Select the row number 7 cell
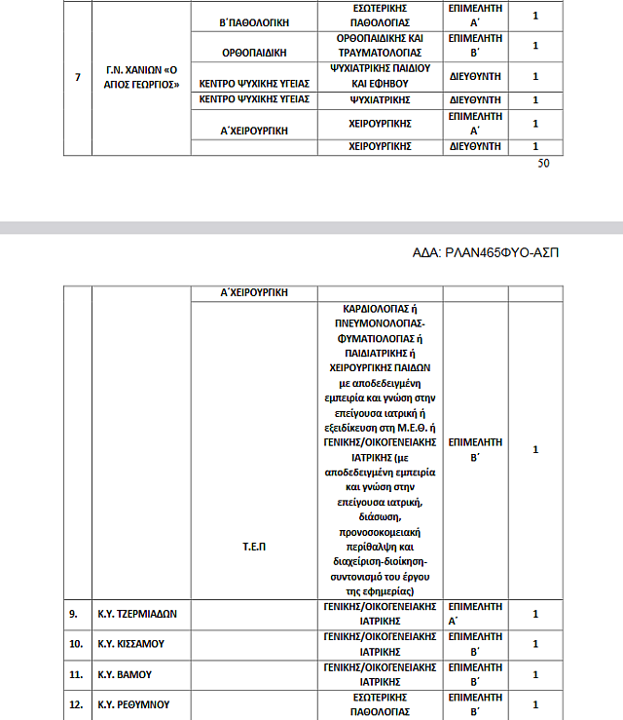click(x=77, y=77)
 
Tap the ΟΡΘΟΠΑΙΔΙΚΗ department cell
click(x=256, y=45)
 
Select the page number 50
click(x=543, y=164)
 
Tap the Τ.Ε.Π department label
click(x=255, y=547)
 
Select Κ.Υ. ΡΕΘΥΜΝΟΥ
click(x=132, y=703)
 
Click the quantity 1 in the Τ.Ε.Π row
click(x=535, y=449)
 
